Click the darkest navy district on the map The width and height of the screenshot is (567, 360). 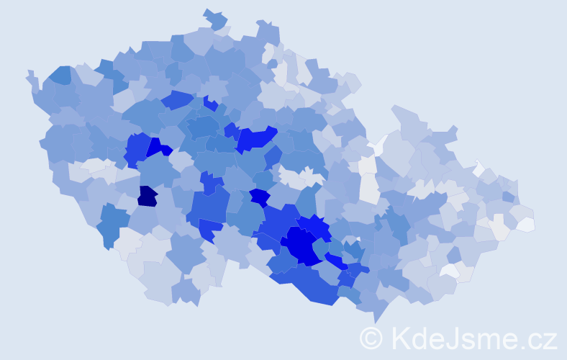(148, 196)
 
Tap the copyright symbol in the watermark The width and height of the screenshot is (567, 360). (371, 338)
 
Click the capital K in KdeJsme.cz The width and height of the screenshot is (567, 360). (401, 338)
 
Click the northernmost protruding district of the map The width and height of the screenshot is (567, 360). (214, 17)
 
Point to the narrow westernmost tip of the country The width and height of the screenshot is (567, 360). (30, 76)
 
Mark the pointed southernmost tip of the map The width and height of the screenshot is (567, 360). (375, 319)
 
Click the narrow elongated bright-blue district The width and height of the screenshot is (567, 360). (336, 261)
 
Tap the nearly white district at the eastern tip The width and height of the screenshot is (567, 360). (526, 224)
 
